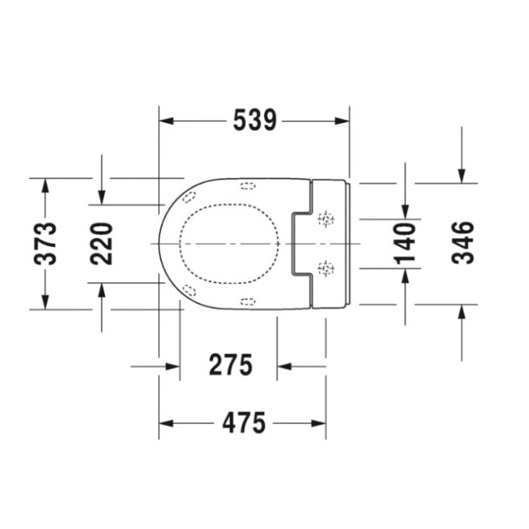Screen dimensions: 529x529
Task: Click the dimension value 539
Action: tap(254, 120)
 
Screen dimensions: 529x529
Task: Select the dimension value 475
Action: tap(243, 423)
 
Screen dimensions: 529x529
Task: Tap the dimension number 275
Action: tap(230, 364)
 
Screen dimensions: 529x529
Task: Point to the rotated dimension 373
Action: tap(46, 242)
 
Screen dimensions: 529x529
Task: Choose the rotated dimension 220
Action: tap(101, 242)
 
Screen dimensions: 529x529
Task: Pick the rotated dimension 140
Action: tap(404, 243)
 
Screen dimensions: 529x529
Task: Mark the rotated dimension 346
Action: tap(462, 243)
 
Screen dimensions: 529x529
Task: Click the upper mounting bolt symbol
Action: tap(325, 219)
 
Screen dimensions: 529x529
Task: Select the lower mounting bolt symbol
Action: tap(325, 269)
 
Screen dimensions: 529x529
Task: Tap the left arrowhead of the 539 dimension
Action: tap(166, 120)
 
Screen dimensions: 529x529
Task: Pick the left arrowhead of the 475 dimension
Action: tap(166, 423)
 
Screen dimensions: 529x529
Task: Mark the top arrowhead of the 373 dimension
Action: tap(46, 184)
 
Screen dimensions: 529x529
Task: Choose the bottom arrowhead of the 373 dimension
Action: tap(46, 302)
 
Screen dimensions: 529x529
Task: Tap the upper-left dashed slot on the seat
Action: tap(190, 197)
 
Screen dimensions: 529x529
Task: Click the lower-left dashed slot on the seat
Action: tap(190, 289)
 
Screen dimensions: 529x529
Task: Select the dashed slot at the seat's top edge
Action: tap(248, 184)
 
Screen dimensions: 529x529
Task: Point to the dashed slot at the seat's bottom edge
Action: tap(248, 301)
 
